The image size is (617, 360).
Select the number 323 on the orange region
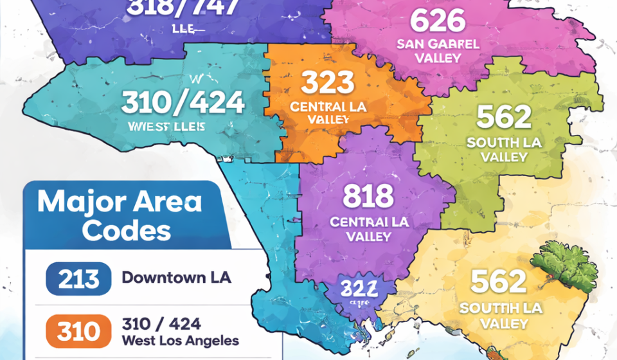click(328, 83)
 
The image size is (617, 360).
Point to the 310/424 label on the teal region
click(183, 102)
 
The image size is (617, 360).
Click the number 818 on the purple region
click(368, 195)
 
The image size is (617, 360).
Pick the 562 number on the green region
click(504, 117)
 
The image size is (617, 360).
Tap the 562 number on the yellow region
click(499, 281)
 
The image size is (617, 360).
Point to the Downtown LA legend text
click(176, 278)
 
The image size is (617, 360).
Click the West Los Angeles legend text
click(180, 341)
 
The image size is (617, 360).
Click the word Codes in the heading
click(126, 230)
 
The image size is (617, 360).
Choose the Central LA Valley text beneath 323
click(328, 113)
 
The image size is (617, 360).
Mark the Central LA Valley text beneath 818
click(368, 229)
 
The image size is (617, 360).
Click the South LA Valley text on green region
click(504, 149)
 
